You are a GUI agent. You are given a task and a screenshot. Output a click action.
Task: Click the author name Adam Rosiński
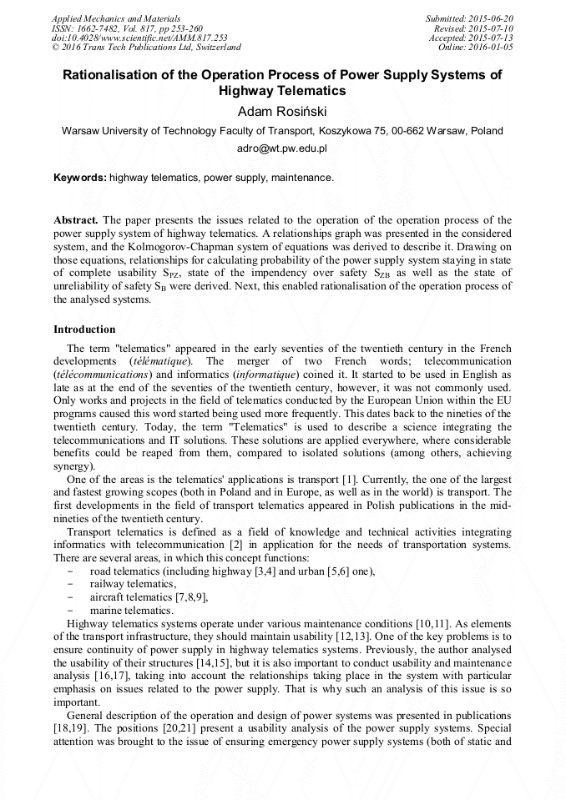click(282, 111)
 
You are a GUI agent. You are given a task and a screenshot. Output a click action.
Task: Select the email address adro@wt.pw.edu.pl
click(282, 148)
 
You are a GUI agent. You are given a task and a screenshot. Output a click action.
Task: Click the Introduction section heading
click(84, 330)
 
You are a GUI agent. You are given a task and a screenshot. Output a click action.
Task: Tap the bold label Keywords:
click(79, 178)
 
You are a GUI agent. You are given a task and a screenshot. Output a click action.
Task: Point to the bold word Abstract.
click(76, 220)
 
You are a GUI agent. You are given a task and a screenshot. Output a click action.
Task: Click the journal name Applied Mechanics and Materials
click(115, 18)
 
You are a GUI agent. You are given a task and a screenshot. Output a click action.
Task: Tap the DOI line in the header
click(139, 38)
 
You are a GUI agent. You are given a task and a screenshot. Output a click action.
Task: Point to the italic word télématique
click(160, 360)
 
